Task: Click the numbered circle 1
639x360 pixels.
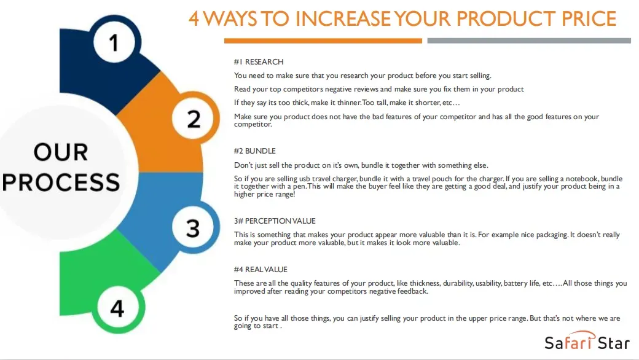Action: [114, 42]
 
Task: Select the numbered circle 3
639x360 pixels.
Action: [193, 228]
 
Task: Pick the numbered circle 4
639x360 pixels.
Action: [117, 308]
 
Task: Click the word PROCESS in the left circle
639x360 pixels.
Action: [61, 182]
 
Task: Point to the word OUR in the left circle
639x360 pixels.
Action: [61, 152]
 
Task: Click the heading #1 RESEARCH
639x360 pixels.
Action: [259, 62]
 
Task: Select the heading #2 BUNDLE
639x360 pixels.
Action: [255, 151]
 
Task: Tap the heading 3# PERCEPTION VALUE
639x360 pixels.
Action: [275, 221]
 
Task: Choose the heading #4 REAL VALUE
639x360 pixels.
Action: [261, 270]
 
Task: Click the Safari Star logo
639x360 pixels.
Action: [587, 341]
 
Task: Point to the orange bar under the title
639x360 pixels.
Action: [323, 41]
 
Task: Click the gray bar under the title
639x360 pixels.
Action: [529, 41]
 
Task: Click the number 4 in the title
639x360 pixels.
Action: [194, 18]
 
